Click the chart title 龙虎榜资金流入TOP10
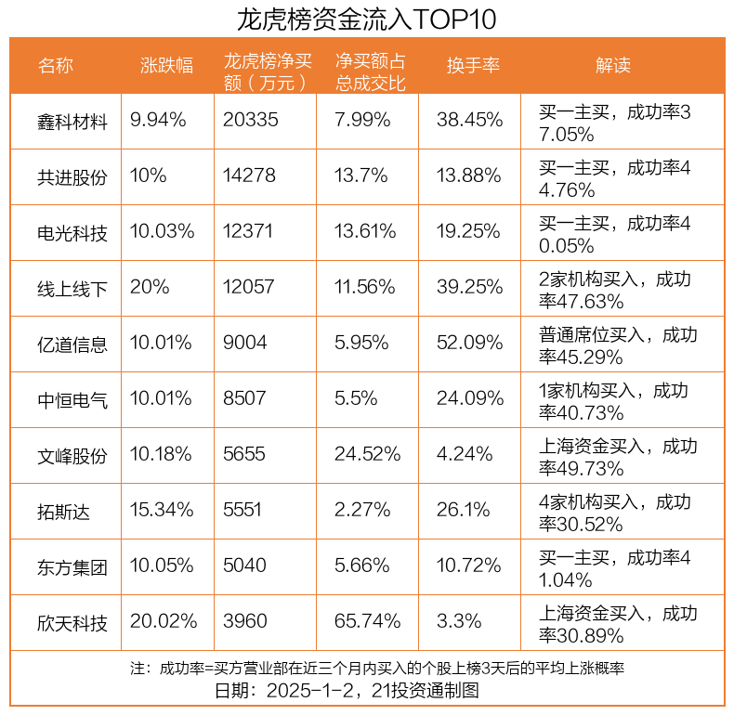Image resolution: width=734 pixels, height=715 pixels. click(367, 19)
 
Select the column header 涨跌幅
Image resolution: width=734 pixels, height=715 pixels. click(166, 65)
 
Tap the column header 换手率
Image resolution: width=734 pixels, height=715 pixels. click(473, 65)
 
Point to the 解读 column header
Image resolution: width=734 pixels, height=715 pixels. click(613, 65)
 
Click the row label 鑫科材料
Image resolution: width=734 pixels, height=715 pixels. click(72, 121)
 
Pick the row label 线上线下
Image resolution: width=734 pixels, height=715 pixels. click(72, 288)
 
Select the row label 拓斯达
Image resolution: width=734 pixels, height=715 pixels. click(64, 510)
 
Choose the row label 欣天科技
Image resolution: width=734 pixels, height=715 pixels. click(72, 621)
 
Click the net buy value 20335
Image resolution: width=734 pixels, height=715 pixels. click(251, 120)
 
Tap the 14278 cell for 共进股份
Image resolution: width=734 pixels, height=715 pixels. click(250, 175)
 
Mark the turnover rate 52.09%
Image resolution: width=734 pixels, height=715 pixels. click(470, 343)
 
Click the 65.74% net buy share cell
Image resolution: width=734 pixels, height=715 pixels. click(368, 621)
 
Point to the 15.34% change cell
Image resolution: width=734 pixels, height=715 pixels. click(162, 510)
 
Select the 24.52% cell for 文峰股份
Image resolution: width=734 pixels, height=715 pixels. click(368, 454)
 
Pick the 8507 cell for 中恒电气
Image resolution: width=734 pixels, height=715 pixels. click(244, 398)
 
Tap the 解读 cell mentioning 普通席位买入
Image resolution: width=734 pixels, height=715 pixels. click(618, 344)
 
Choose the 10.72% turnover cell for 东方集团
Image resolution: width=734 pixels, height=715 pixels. click(470, 565)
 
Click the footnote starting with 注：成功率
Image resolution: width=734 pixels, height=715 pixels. click(376, 669)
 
